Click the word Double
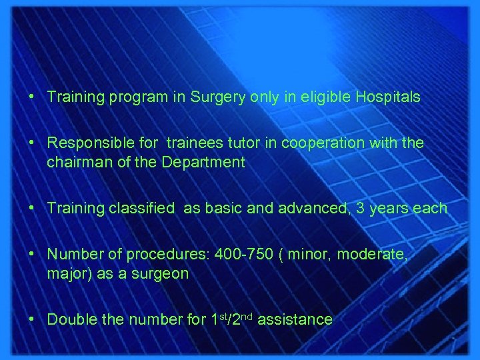tap(70, 320)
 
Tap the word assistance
tap(294, 320)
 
